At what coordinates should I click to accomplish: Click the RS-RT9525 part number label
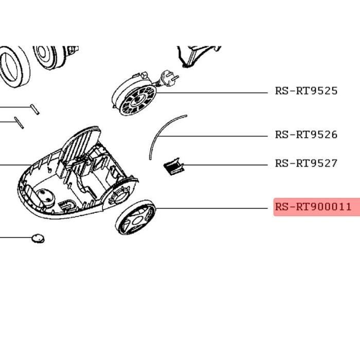(x=307, y=91)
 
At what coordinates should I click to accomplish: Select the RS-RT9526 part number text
(x=307, y=135)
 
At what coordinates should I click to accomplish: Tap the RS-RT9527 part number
(x=307, y=163)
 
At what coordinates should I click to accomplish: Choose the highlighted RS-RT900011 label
(x=313, y=207)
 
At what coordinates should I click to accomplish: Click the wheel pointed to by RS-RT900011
(x=135, y=217)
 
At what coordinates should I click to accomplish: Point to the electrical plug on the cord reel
(x=169, y=78)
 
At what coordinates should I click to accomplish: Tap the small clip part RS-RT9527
(x=174, y=166)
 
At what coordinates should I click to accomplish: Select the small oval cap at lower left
(x=38, y=239)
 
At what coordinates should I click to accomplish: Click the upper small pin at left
(x=34, y=109)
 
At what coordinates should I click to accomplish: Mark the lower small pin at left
(x=19, y=122)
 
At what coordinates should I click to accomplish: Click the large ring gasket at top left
(x=14, y=66)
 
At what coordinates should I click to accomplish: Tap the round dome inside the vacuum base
(x=45, y=197)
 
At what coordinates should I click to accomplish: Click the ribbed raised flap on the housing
(x=81, y=144)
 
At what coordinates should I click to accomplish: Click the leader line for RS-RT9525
(x=212, y=93)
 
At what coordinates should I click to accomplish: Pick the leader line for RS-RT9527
(x=226, y=165)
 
